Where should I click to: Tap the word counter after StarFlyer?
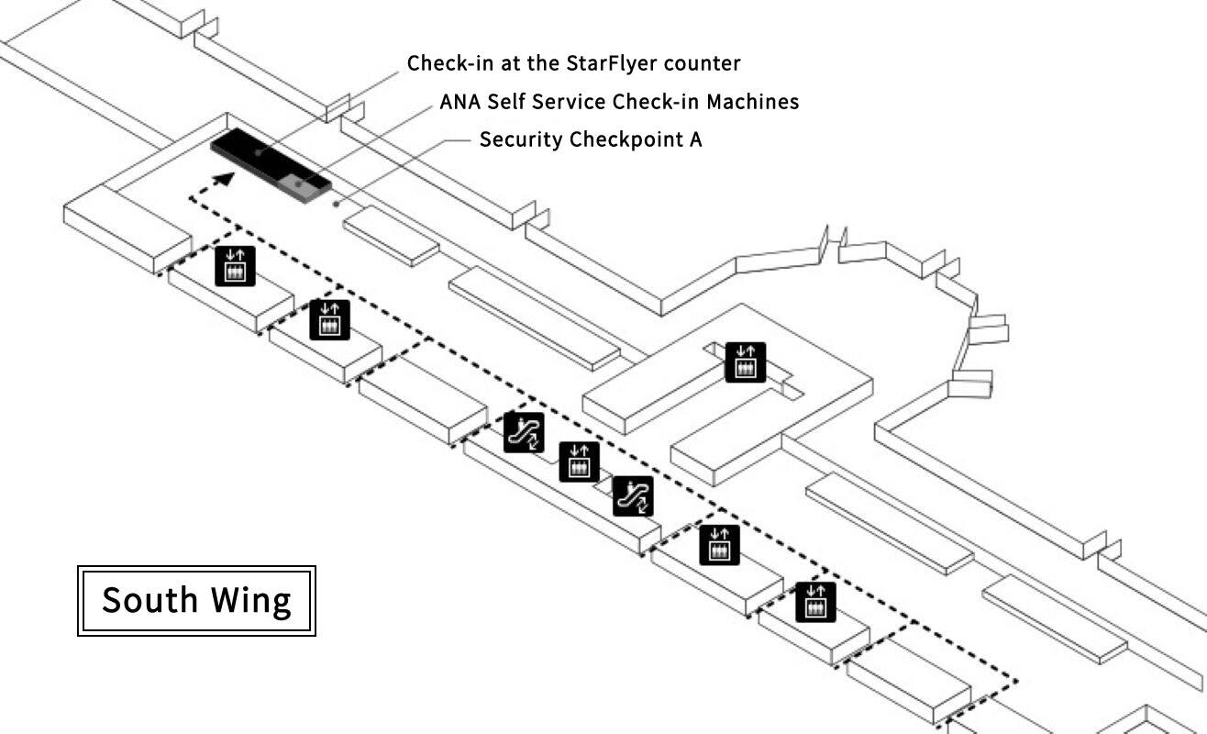(x=706, y=63)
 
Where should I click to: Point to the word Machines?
(x=758, y=102)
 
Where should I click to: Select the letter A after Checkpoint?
(x=695, y=140)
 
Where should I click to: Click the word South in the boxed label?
(x=149, y=601)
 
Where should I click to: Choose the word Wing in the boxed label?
(x=251, y=601)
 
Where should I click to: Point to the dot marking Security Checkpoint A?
(x=337, y=204)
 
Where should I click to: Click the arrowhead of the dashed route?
(x=222, y=179)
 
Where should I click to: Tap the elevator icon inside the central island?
(x=745, y=361)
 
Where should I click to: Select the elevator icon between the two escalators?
(x=579, y=462)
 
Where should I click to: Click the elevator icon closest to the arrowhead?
(x=235, y=267)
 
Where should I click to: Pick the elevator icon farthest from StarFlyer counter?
(x=815, y=602)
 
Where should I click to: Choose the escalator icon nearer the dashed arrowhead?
(x=524, y=432)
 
